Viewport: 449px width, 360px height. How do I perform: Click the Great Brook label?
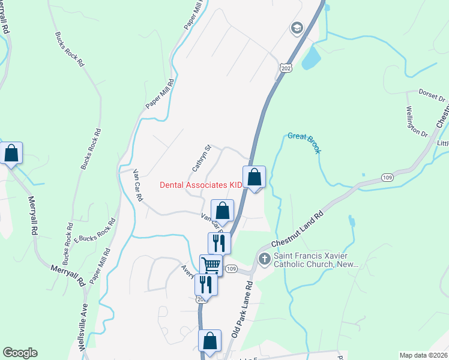304,140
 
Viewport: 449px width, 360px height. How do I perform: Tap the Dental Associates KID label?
201,185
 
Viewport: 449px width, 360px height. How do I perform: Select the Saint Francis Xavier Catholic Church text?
316,259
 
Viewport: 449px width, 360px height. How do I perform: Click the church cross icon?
264,259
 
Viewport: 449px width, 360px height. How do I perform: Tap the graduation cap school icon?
296,28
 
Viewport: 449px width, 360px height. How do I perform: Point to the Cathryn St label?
202,157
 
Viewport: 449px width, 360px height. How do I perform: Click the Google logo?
20,353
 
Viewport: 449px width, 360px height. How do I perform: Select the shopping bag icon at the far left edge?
11,153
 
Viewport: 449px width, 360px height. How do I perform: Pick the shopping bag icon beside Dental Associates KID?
255,177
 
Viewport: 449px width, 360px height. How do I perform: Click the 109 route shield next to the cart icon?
232,268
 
